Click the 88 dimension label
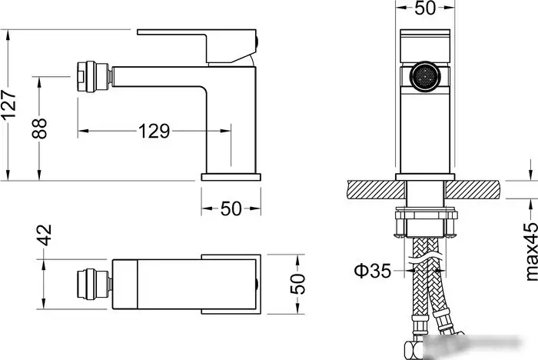point(39,128)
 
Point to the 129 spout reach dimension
point(154,132)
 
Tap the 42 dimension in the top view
point(45,235)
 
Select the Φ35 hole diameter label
point(372,271)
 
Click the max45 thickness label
point(531,252)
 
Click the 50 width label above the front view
point(425,8)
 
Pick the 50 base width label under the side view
point(231,208)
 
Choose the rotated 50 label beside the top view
point(297,284)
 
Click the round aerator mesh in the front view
point(425,76)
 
